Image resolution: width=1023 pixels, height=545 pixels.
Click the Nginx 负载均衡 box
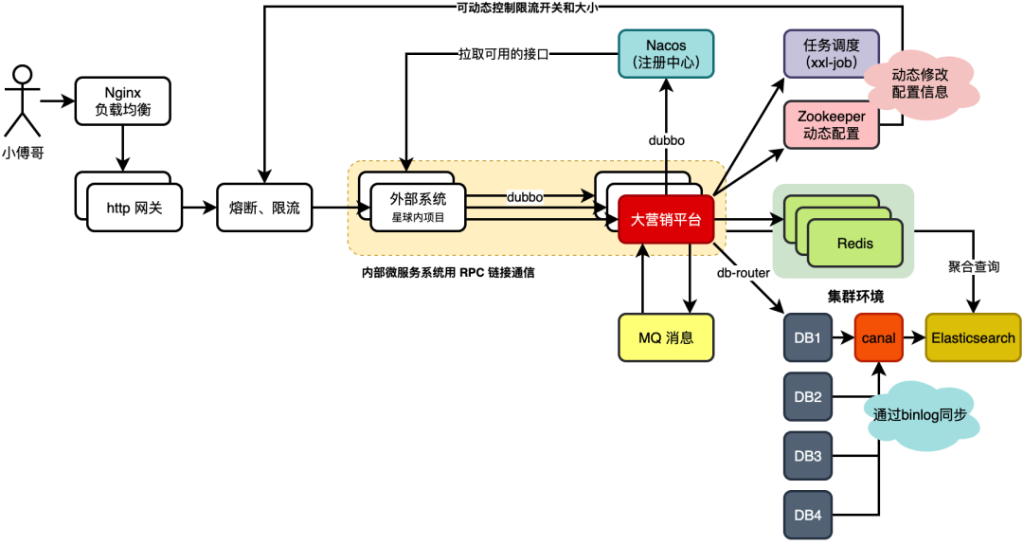pos(122,100)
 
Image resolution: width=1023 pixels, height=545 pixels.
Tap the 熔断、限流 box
pos(264,208)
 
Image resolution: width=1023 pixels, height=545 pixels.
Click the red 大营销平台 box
pos(666,219)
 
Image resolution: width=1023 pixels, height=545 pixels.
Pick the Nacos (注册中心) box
pos(665,54)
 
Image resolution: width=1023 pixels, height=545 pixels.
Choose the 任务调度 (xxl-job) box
pos(831,54)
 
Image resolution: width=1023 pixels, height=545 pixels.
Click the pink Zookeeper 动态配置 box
pos(831,125)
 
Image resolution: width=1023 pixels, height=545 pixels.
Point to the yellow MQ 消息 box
pos(665,338)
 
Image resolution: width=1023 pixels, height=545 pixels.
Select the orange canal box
pos(879,338)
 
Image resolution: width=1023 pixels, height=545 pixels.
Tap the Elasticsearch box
pos(973,338)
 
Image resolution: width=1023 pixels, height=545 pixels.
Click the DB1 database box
pos(807,338)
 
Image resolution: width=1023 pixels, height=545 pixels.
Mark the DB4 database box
pos(807,516)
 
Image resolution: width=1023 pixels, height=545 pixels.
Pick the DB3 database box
pos(807,457)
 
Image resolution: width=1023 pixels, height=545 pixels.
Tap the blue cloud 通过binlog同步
pos(921,414)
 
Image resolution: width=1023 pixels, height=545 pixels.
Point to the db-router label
pos(743,273)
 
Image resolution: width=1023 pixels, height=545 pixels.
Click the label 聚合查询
pos(973,268)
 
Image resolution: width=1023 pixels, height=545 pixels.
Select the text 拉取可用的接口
pos(504,54)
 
